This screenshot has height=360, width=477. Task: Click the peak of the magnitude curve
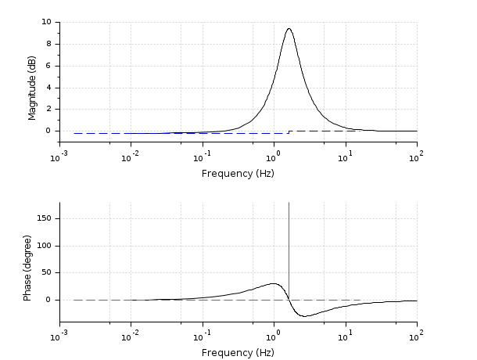[x=289, y=29]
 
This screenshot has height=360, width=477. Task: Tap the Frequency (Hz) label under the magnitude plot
[x=238, y=173]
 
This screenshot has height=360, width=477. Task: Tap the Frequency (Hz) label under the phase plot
[x=238, y=352]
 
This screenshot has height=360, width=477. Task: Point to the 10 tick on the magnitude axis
[x=47, y=22]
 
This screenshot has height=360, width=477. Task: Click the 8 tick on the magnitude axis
[x=49, y=44]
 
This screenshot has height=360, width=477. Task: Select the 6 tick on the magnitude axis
[x=49, y=66]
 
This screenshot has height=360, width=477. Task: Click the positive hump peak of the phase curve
[x=274, y=283]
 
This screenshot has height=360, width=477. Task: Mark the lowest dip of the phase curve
[x=307, y=316]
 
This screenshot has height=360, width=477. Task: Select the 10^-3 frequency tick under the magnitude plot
[x=58, y=158]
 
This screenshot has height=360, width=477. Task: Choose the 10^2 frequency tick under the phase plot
[x=417, y=337]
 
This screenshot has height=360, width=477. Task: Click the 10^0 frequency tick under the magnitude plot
[x=274, y=158]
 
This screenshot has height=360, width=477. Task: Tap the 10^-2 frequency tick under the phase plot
[x=130, y=337]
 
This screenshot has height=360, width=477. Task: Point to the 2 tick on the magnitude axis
[x=49, y=109]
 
